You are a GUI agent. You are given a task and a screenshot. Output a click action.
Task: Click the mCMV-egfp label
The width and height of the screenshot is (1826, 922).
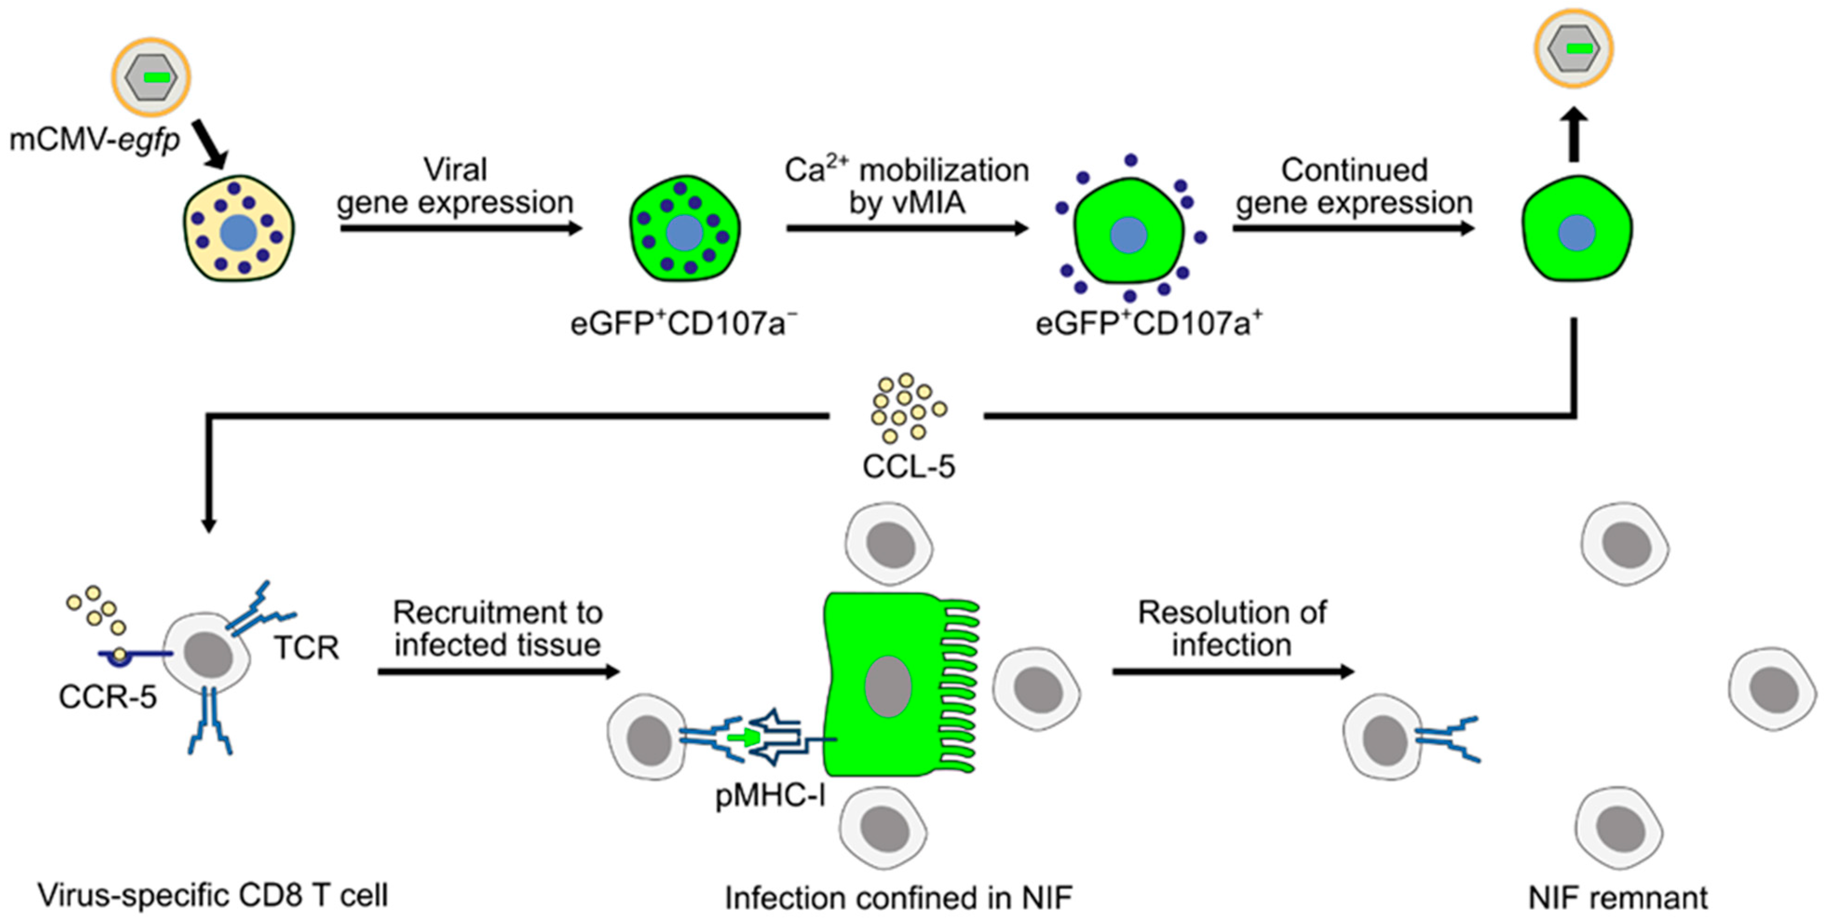coord(94,140)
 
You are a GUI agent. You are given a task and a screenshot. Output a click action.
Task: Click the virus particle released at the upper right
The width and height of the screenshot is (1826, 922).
coord(1574,48)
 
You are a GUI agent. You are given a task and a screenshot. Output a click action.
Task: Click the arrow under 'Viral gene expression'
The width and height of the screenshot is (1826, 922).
coord(461,228)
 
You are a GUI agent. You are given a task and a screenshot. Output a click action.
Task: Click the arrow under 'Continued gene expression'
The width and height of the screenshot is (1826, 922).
coord(1353,228)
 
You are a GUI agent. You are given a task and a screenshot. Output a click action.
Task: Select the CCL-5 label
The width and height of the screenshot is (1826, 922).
coord(908,466)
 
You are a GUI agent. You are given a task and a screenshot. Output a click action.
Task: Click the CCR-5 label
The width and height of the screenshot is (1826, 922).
coord(107,697)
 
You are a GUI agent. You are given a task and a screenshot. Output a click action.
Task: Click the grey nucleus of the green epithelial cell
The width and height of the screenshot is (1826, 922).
coord(888,686)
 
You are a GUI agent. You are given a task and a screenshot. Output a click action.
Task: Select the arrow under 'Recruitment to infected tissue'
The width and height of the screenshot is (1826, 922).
coord(498,671)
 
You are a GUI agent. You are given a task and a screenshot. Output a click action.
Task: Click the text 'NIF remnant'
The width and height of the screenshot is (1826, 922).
coord(1617,898)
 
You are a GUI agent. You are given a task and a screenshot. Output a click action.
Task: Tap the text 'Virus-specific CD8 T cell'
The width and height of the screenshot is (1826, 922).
coord(213,895)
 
